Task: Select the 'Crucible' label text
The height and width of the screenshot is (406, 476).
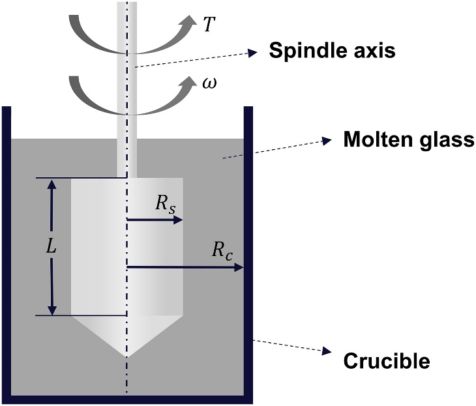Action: tap(386, 360)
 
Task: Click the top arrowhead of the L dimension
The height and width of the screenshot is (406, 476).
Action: tap(53, 183)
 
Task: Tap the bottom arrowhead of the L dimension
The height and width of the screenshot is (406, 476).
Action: tap(53, 310)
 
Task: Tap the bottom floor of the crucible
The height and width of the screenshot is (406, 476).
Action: tap(127, 399)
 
